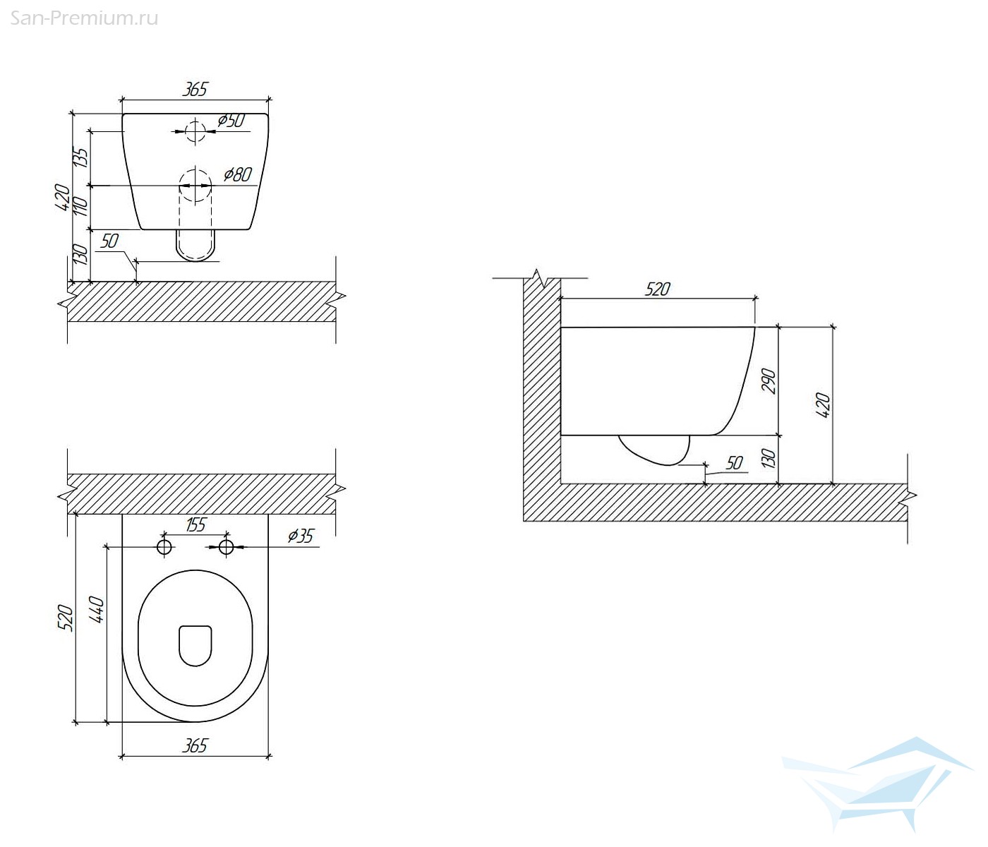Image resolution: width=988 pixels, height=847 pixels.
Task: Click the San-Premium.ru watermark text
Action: point(84,18)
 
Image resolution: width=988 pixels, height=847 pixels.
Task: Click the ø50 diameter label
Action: point(231,121)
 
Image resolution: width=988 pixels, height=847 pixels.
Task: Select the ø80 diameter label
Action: point(238,174)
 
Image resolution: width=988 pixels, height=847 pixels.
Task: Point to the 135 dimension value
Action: point(82,157)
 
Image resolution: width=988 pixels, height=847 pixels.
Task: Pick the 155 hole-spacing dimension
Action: point(195,525)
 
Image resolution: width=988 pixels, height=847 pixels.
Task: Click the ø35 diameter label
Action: point(301,536)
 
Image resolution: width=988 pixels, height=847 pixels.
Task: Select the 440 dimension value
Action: point(97,609)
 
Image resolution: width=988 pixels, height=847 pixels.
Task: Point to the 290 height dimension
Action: point(769,381)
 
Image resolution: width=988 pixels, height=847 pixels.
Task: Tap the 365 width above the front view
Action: point(195,90)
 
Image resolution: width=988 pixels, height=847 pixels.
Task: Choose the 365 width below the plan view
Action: point(195,745)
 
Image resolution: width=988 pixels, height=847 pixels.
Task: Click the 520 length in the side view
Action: point(657,289)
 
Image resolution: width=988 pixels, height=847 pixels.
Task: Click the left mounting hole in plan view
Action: point(164,546)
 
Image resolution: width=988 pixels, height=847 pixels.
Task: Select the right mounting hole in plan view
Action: point(226,546)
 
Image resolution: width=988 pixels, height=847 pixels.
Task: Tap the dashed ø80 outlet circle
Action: point(195,186)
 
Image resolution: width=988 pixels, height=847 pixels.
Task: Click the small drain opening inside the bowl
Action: point(195,646)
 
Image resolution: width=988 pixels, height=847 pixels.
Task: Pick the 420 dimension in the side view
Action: point(823,405)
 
